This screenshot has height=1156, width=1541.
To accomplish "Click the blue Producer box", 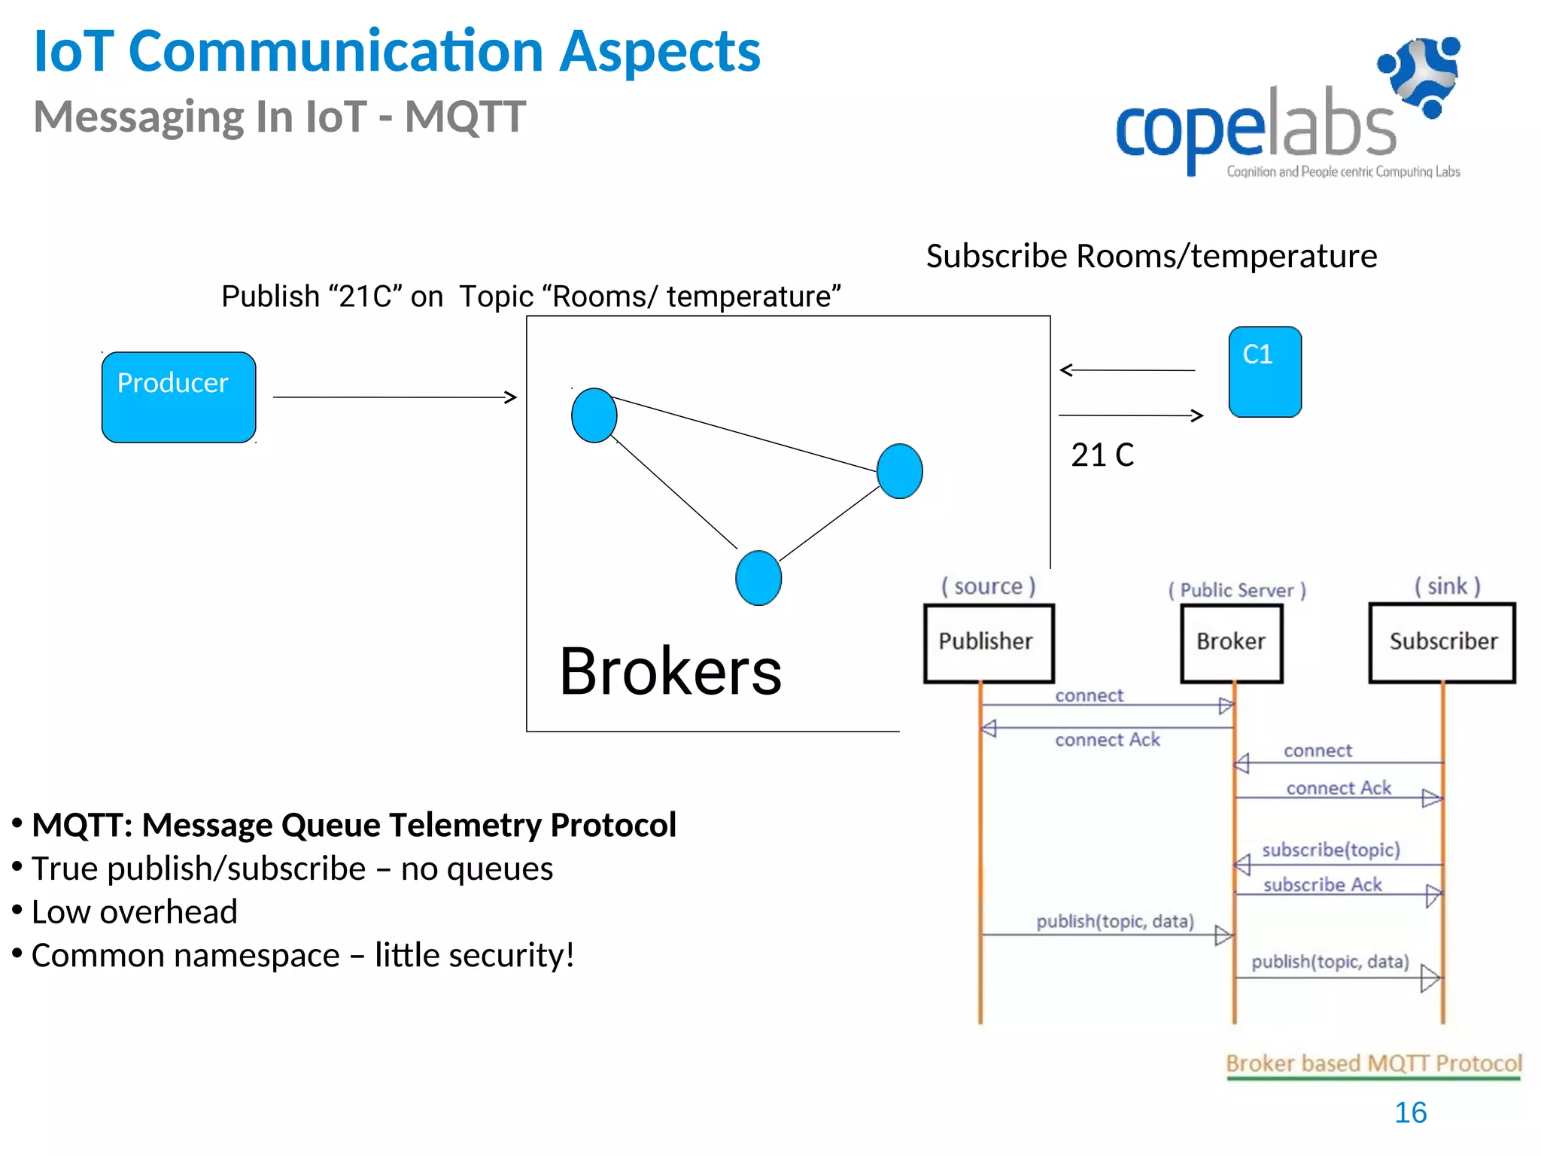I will point(178,397).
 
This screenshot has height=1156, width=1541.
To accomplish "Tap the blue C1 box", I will point(1264,372).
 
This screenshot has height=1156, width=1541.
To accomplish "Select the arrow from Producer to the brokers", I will point(394,397).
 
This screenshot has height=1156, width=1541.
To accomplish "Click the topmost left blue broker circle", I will point(594,415).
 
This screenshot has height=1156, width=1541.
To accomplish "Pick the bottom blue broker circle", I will point(758,578).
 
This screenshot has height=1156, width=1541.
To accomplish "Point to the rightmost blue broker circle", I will point(899,471).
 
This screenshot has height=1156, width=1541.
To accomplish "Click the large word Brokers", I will point(670,671).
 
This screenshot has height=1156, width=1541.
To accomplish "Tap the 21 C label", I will point(1102,455).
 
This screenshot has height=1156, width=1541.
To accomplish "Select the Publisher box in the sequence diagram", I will point(988,643).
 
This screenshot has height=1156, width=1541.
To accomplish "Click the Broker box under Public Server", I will point(1231,643).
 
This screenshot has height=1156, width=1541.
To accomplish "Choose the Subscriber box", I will point(1442,643).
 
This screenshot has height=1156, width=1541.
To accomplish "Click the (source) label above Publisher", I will point(988,586).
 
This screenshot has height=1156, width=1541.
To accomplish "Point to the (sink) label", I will point(1446,586).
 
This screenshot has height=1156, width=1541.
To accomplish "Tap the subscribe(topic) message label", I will point(1330,850).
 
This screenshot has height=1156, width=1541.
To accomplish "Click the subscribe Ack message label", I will point(1322,885).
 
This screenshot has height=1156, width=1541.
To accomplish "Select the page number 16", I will point(1410,1112).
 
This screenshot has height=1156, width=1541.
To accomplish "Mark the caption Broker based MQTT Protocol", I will point(1373,1063).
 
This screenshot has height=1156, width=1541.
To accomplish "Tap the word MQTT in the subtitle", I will point(464,117).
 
